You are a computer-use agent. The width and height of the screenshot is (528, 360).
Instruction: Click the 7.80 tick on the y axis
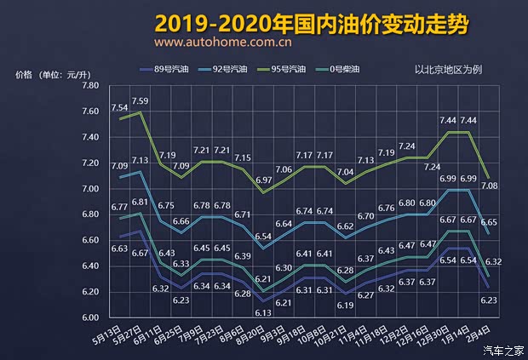pos(90,86)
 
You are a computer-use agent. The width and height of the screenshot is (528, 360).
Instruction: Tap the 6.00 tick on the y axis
pos(90,317)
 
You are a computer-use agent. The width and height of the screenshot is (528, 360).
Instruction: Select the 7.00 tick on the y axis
pos(90,189)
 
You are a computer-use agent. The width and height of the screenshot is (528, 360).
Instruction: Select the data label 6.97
pos(264,180)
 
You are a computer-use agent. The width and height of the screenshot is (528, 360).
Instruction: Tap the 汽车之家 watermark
pos(503,349)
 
